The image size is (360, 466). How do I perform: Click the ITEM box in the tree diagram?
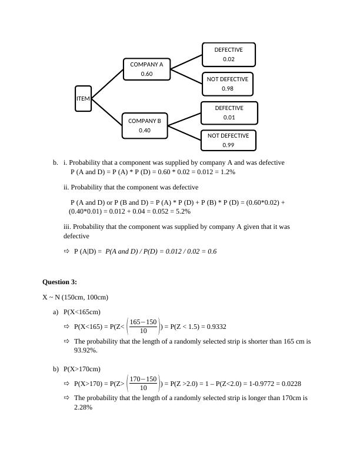tap(84, 99)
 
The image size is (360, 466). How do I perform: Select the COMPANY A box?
tap(146, 69)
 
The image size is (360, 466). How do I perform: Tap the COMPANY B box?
tap(145, 125)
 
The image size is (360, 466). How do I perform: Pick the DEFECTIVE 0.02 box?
tap(228, 55)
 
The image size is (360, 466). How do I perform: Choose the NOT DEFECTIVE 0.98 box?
tap(228, 84)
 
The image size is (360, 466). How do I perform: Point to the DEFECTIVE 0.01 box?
tap(229, 112)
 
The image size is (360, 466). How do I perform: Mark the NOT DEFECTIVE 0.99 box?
tap(228, 140)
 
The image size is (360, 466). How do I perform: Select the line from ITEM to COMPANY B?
tap(106, 113)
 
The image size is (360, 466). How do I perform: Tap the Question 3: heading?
tap(59, 282)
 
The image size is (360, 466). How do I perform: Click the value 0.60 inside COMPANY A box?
tap(146, 74)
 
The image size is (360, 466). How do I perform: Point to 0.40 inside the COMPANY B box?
tap(145, 131)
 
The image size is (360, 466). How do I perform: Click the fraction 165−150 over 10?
tap(143, 327)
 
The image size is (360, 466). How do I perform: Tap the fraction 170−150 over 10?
tap(143, 384)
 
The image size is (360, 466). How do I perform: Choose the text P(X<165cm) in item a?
tap(82, 312)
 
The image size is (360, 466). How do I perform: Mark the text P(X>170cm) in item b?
tap(82, 369)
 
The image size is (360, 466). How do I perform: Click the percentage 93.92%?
tap(85, 350)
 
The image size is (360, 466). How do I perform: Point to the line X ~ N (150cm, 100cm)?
tap(75, 297)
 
